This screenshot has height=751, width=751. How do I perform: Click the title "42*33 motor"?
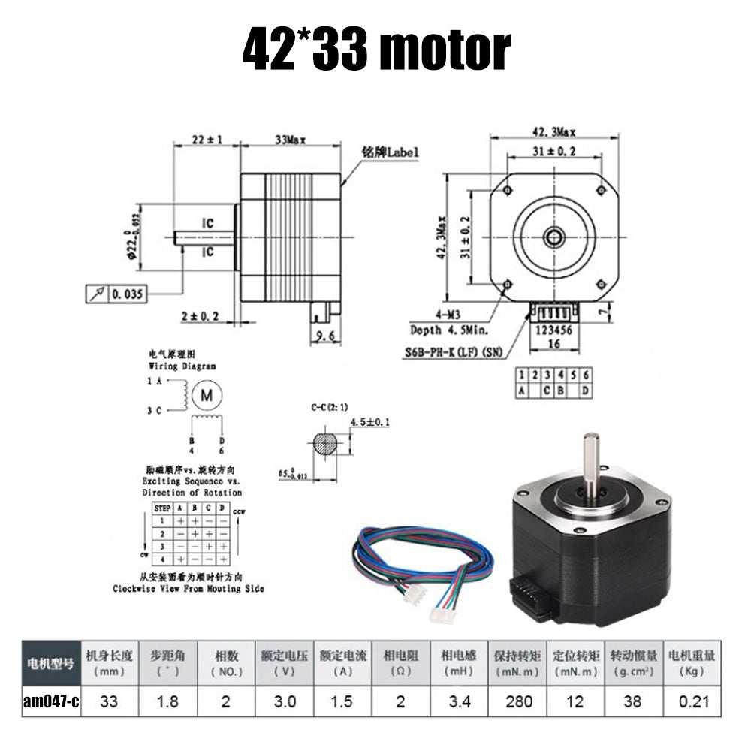(375, 49)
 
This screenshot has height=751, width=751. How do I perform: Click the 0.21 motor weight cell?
(694, 701)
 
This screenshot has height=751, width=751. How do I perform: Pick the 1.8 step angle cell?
(167, 701)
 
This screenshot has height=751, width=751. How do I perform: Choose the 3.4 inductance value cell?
(458, 701)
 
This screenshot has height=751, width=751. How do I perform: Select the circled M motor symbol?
(207, 394)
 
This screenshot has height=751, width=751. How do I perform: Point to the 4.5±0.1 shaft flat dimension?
(370, 423)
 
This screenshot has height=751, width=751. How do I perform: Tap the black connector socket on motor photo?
(531, 599)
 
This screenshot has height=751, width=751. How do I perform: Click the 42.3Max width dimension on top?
(554, 132)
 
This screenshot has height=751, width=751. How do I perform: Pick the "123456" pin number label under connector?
(552, 328)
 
